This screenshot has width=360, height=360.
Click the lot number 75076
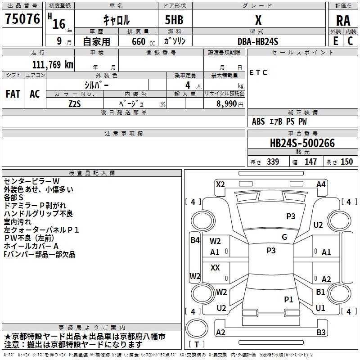pyautogui.click(x=22, y=19)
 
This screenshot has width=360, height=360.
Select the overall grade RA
pyautogui.click(x=343, y=21)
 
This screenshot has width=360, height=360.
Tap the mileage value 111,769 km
pyautogui.click(x=53, y=65)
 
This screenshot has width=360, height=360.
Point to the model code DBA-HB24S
pyautogui.click(x=258, y=41)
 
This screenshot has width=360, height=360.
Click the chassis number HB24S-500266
pyautogui.click(x=302, y=143)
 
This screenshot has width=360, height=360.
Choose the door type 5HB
pyautogui.click(x=174, y=20)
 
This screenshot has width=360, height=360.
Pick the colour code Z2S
pyautogui.click(x=75, y=104)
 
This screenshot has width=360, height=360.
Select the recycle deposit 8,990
pyautogui.click(x=226, y=103)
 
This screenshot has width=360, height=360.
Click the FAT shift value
pyautogui.click(x=13, y=94)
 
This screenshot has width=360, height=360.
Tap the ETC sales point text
pyautogui.click(x=258, y=72)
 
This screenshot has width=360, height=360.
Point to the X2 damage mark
pyautogui.click(x=220, y=184)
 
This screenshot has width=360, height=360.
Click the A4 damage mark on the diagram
pyautogui.click(x=321, y=184)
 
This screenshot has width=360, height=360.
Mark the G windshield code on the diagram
pyautogui.click(x=284, y=237)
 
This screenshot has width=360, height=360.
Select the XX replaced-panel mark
pyautogui.click(x=215, y=267)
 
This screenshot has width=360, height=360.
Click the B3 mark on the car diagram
pyautogui.click(x=321, y=332)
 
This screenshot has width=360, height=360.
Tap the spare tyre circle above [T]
pyautogui.click(x=197, y=328)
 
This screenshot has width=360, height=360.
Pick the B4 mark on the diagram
pyautogui.click(x=195, y=240)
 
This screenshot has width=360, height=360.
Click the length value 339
pyautogui.click(x=273, y=162)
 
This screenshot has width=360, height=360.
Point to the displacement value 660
pyautogui.click(x=139, y=41)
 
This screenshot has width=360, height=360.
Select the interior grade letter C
pyautogui.click(x=350, y=41)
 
